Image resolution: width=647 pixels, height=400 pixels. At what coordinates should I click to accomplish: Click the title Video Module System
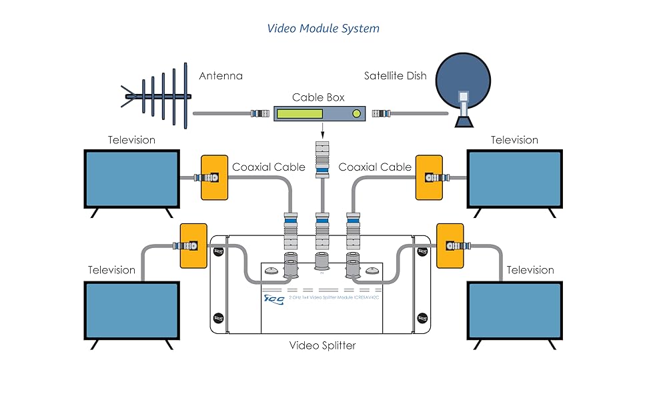323,28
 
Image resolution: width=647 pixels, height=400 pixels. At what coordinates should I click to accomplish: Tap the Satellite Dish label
395,76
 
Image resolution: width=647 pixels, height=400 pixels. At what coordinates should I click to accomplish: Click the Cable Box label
318,97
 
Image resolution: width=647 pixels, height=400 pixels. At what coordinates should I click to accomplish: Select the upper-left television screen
131,178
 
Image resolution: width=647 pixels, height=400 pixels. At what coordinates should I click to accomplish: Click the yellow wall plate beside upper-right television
428,178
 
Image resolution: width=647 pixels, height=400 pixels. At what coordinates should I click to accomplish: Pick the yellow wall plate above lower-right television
450,245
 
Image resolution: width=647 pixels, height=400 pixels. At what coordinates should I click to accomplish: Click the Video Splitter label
323,346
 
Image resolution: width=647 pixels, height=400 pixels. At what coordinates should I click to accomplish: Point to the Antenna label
221,76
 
